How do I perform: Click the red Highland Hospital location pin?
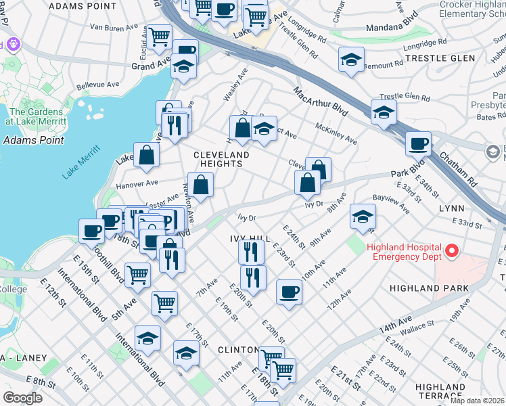click(x=451, y=252)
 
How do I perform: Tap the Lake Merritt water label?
click(x=80, y=162)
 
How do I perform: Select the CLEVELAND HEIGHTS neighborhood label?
click(x=221, y=155)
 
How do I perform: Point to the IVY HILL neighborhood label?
click(x=250, y=239)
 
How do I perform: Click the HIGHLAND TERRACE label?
click(x=440, y=390)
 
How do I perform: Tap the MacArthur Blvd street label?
click(x=321, y=101)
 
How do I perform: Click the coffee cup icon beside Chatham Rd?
click(x=418, y=143)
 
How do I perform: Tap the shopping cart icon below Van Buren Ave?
click(x=159, y=37)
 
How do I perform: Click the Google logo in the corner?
click(x=22, y=397)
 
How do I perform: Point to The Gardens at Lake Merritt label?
click(x=37, y=116)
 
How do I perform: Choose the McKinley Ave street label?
click(x=336, y=133)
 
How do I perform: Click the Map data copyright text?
click(x=478, y=401)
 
